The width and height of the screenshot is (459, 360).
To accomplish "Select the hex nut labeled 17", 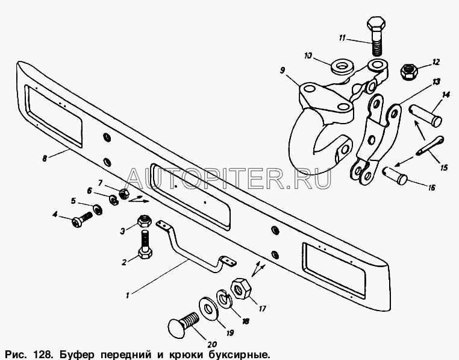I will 242,288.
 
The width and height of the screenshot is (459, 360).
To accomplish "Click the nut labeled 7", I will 124,194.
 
